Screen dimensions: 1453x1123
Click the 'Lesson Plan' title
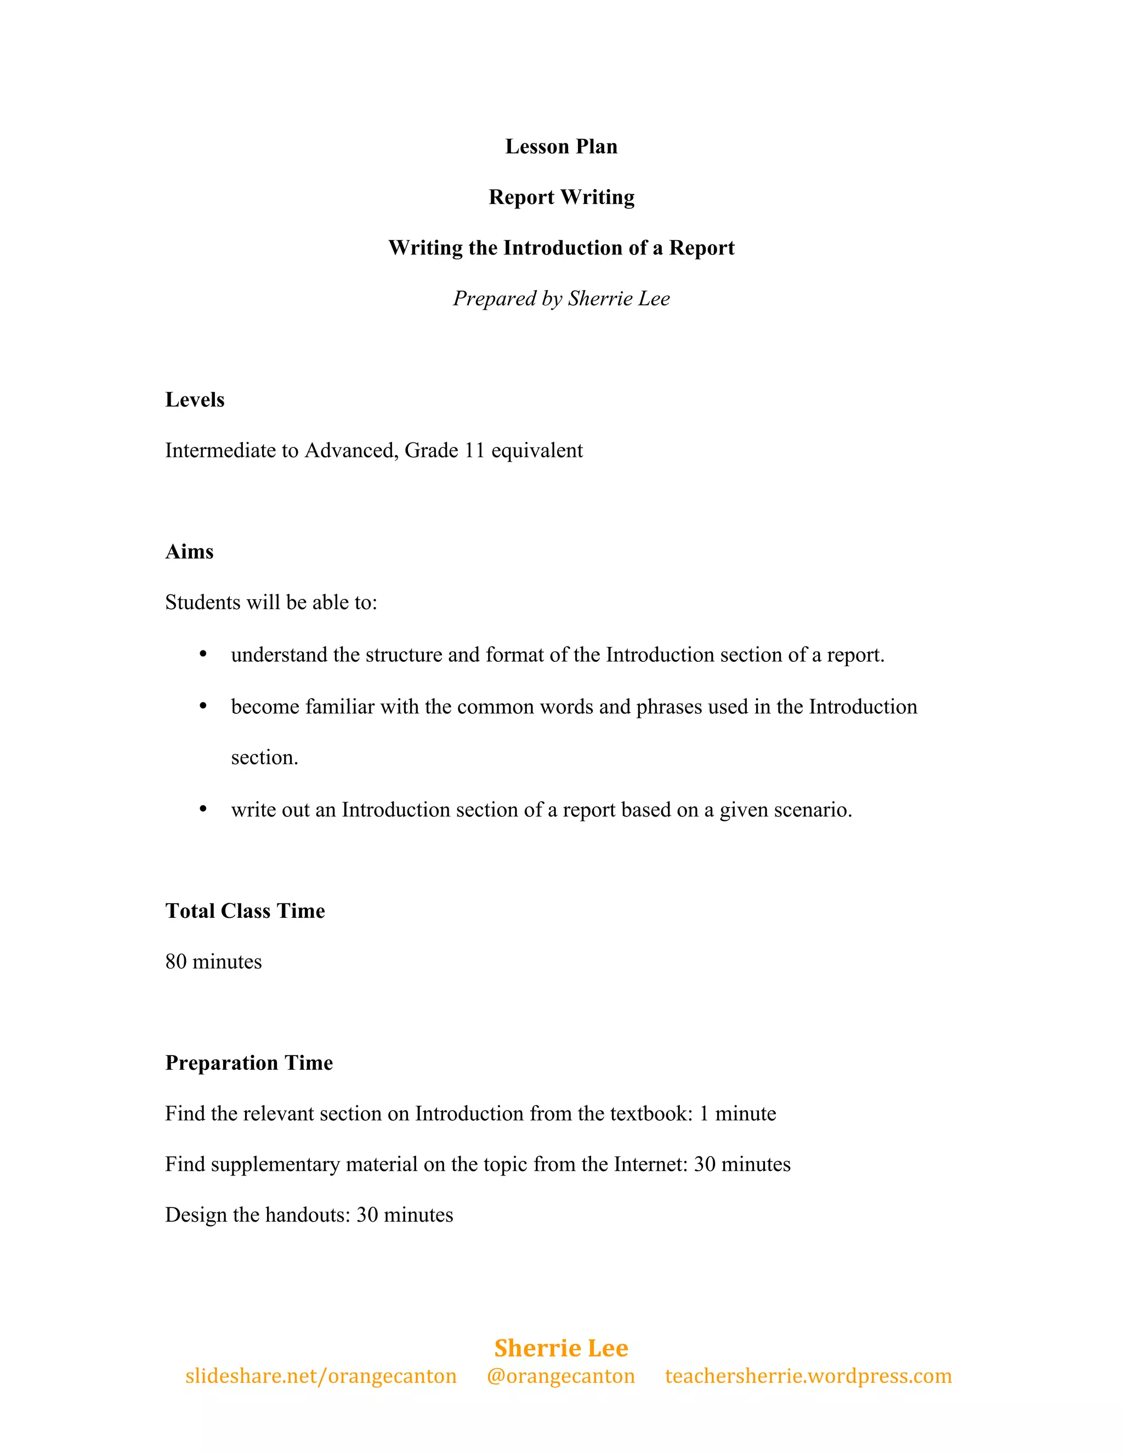(561, 146)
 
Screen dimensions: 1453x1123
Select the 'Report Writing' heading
(561, 197)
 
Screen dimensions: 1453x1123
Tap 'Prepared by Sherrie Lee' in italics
(561, 298)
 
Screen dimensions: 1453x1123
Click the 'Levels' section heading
(194, 400)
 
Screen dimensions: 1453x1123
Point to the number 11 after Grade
(474, 450)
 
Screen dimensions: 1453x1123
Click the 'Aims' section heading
(189, 552)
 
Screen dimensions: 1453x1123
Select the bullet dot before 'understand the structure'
(203, 655)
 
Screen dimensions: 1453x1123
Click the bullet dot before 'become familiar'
(203, 706)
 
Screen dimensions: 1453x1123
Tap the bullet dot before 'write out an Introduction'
(203, 809)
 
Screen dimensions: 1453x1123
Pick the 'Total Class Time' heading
(245, 911)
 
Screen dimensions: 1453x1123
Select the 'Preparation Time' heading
(249, 1063)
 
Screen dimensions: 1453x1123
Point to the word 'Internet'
(650, 1164)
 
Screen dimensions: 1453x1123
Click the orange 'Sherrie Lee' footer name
(561, 1348)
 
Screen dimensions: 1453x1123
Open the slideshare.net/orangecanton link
(321, 1376)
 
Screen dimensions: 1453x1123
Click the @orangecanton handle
(561, 1376)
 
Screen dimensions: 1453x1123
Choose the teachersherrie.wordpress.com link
(808, 1376)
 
